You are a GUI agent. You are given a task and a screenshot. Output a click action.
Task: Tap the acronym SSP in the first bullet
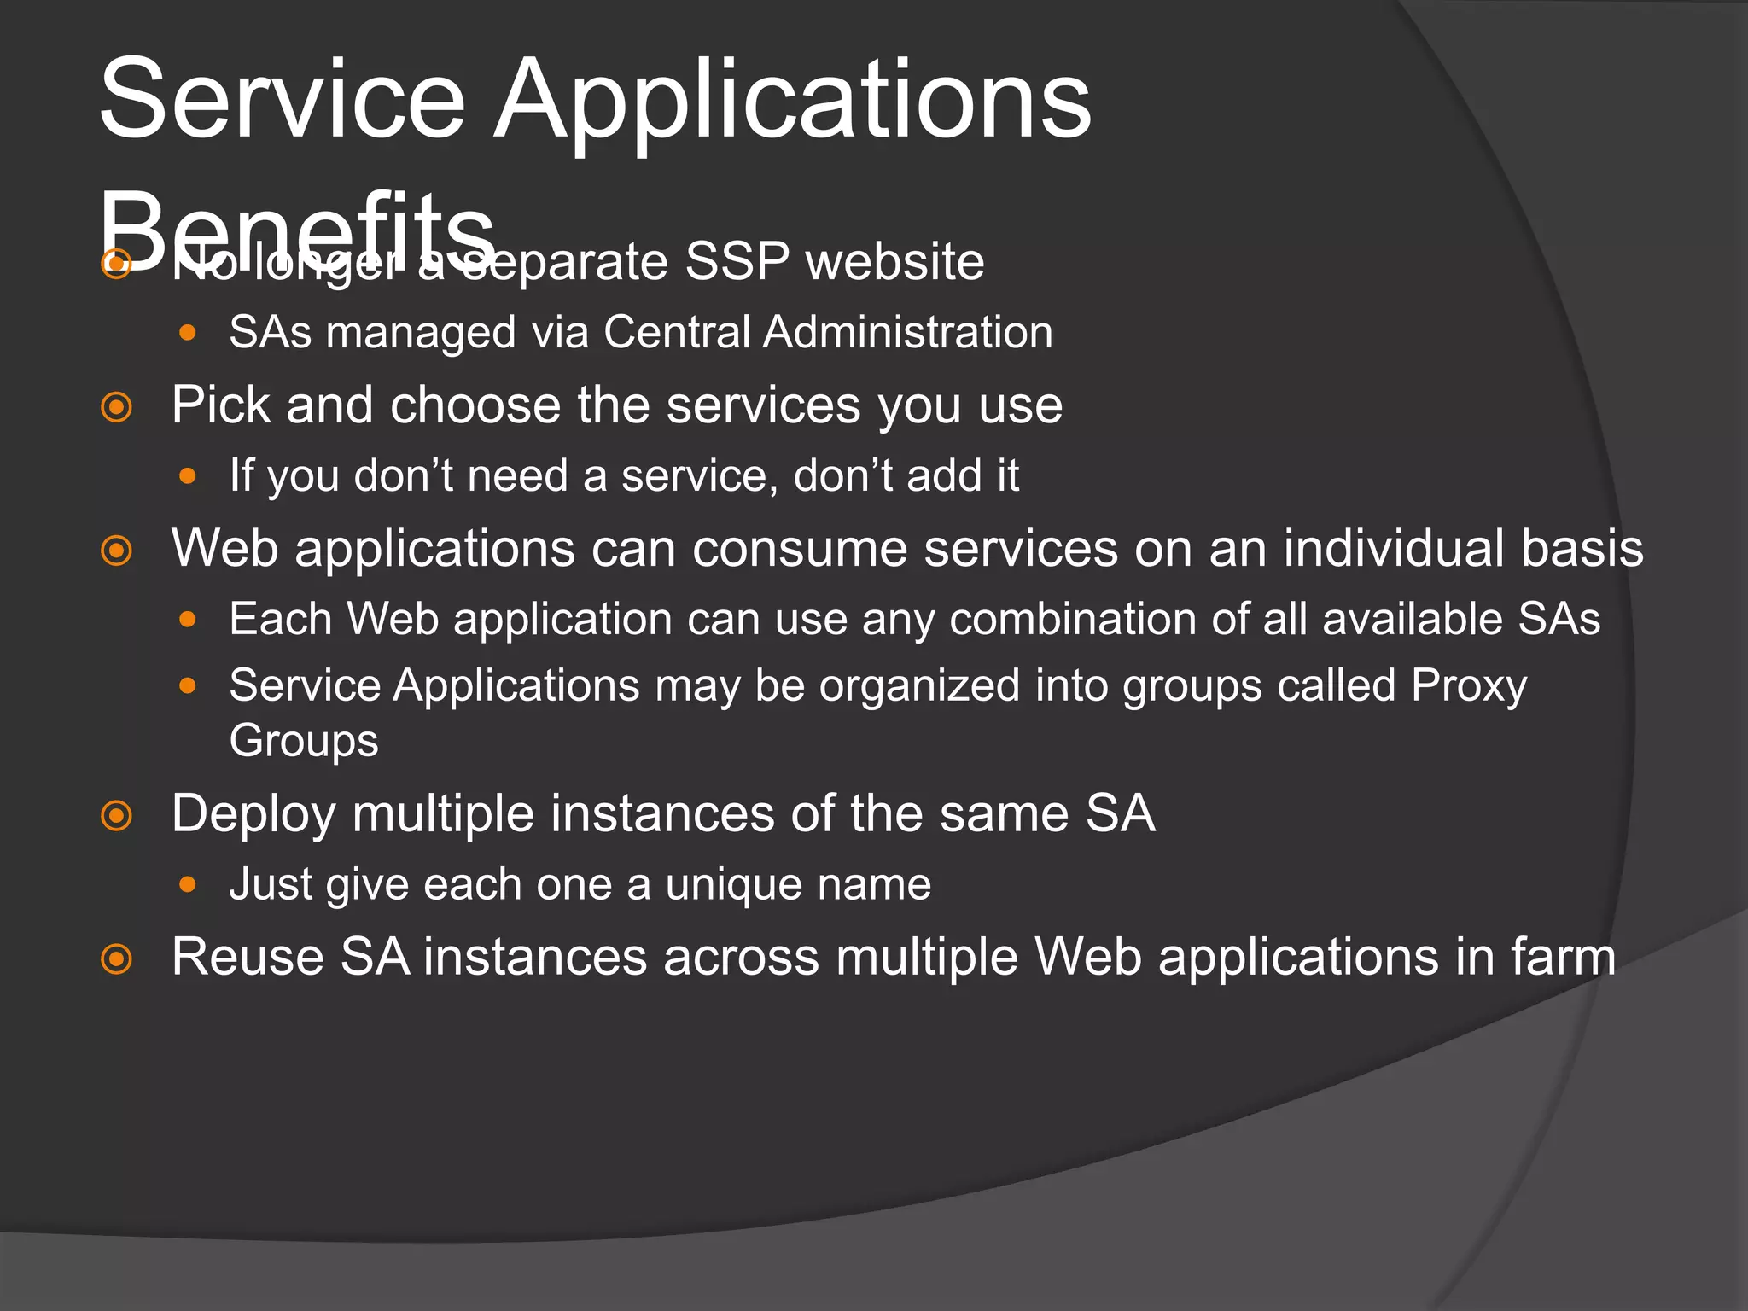click(736, 261)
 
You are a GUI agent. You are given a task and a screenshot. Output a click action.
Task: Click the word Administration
click(907, 332)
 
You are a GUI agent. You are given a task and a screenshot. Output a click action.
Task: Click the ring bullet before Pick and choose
click(117, 407)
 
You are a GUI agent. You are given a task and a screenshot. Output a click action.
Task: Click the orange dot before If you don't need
click(189, 475)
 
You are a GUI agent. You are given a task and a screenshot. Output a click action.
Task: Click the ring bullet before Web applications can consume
click(117, 551)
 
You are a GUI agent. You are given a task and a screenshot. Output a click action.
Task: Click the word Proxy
click(1468, 685)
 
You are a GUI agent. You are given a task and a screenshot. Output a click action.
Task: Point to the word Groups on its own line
click(303, 740)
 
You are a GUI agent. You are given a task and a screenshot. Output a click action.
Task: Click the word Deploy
click(253, 813)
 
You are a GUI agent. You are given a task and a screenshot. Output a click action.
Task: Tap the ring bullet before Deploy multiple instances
click(117, 816)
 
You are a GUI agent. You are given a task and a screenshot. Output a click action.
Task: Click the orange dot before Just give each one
click(189, 885)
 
